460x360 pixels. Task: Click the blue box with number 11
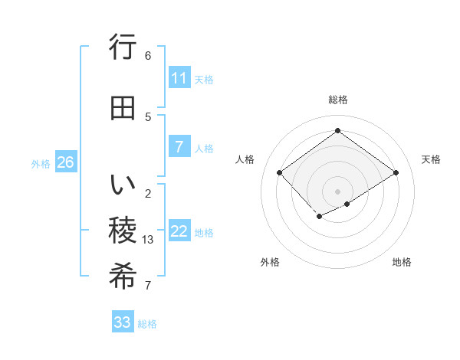pyautogui.click(x=179, y=78)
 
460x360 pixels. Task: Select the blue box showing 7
pyautogui.click(x=179, y=147)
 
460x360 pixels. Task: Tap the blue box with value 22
pyautogui.click(x=179, y=231)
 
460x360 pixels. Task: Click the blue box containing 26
pyautogui.click(x=65, y=162)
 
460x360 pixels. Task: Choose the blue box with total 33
pyautogui.click(x=123, y=322)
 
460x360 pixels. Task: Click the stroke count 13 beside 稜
pyautogui.click(x=149, y=240)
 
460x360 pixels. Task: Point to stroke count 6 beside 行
pyautogui.click(x=148, y=56)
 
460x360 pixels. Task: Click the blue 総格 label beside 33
pyautogui.click(x=147, y=324)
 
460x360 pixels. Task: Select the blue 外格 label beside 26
pyautogui.click(x=41, y=163)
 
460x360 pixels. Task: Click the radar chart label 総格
pyautogui.click(x=337, y=100)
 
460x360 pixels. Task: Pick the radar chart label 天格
pyautogui.click(x=431, y=159)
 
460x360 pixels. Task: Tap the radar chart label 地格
pyautogui.click(x=402, y=262)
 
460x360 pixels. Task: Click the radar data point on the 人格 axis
pyautogui.click(x=280, y=172)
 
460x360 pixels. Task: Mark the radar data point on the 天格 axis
pyautogui.click(x=396, y=172)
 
